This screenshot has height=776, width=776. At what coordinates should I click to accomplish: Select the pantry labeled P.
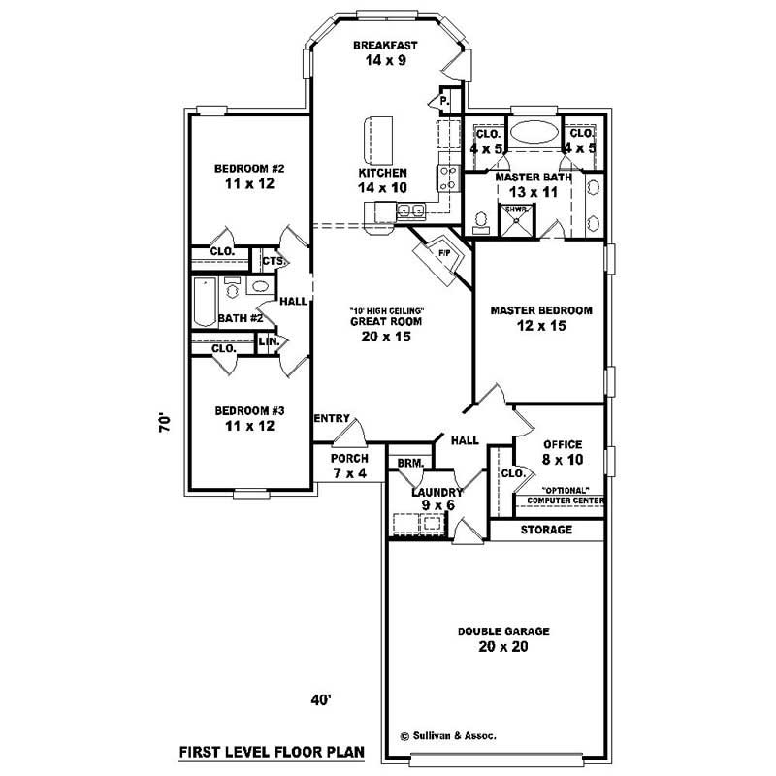(443, 100)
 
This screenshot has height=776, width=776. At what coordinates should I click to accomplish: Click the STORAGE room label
(546, 531)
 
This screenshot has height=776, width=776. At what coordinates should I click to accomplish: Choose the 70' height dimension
(166, 424)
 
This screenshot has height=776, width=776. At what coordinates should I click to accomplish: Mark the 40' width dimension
(322, 698)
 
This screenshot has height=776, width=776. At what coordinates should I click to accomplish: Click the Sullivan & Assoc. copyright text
(447, 736)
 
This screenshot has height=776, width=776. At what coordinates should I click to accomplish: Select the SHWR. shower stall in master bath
(516, 216)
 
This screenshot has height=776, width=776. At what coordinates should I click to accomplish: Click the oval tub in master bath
(534, 134)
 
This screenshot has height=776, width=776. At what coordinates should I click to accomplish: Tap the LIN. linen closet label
(269, 341)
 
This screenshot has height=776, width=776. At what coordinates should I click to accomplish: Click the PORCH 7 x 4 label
(348, 466)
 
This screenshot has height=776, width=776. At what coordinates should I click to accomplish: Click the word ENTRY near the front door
(332, 418)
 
